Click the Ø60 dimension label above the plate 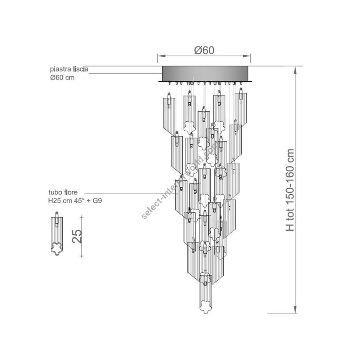[204, 50]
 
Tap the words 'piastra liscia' [69, 69]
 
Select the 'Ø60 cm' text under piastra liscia [62, 78]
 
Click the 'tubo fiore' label [63, 192]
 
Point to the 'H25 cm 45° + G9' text [75, 201]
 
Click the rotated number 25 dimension [77, 236]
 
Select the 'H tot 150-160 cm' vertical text [290, 190]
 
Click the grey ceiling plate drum [205, 74]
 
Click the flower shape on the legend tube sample [56, 249]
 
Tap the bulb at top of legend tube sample [57, 220]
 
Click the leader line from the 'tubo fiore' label [131, 193]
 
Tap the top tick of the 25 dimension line [82, 216]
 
